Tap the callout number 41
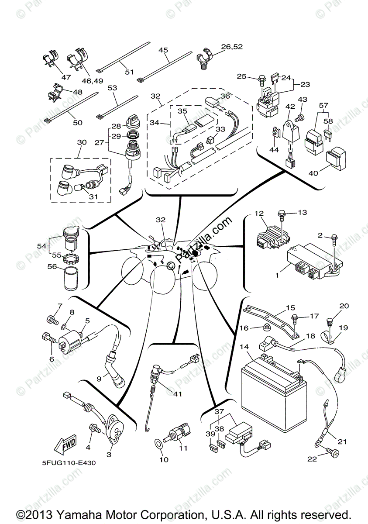click(x=177, y=393)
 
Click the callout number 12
click(x=259, y=214)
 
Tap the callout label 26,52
click(x=231, y=47)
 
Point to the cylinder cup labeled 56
click(x=71, y=279)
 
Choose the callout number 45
click(x=163, y=50)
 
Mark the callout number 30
click(x=82, y=143)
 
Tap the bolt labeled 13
click(x=282, y=214)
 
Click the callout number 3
click(x=109, y=455)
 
